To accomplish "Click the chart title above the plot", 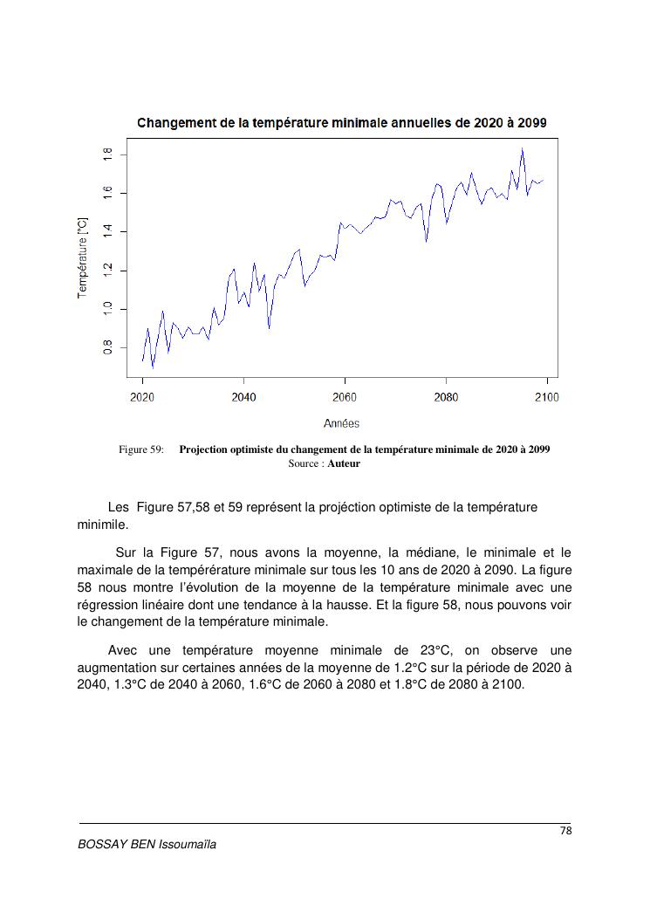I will tap(342, 122).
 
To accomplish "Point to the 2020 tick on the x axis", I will tap(142, 397).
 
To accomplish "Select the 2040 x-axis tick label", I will tap(243, 397).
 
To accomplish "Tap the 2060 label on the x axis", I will tap(345, 397).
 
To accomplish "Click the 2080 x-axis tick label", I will tap(446, 397).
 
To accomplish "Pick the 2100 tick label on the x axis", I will tap(547, 397).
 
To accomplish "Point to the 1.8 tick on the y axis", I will tap(107, 154).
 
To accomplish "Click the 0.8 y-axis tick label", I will tap(107, 348).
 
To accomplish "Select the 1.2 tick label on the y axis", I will tap(107, 271).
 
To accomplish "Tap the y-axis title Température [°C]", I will tap(83, 257).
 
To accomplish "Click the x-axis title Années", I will tap(341, 423).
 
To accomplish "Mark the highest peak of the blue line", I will tap(522, 149).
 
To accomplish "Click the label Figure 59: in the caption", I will tap(141, 450).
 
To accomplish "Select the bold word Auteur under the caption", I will tap(344, 463).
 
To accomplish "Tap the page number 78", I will tap(565, 831).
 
